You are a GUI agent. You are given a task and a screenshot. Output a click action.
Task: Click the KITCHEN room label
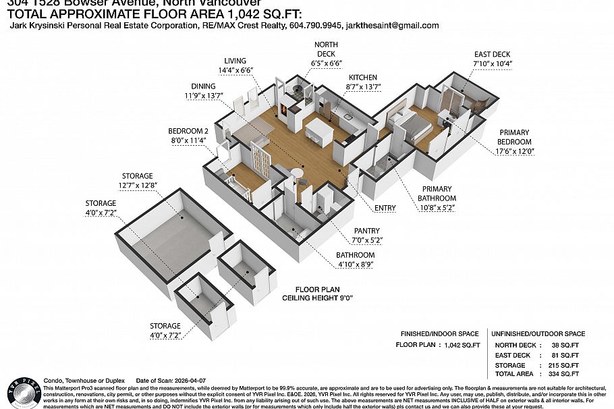(361, 78)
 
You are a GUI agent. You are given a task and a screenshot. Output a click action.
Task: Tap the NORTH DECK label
(327, 49)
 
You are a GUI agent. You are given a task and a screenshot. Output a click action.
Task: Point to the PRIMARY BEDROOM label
(514, 137)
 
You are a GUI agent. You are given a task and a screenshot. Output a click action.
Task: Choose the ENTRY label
(385, 208)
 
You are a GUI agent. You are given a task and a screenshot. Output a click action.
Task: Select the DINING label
(202, 86)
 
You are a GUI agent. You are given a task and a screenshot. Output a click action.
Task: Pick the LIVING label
(235, 60)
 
